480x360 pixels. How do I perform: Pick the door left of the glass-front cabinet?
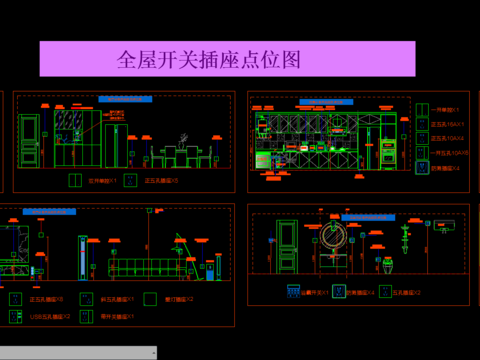click(29, 142)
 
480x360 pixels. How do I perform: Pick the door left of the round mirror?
click(287, 248)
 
